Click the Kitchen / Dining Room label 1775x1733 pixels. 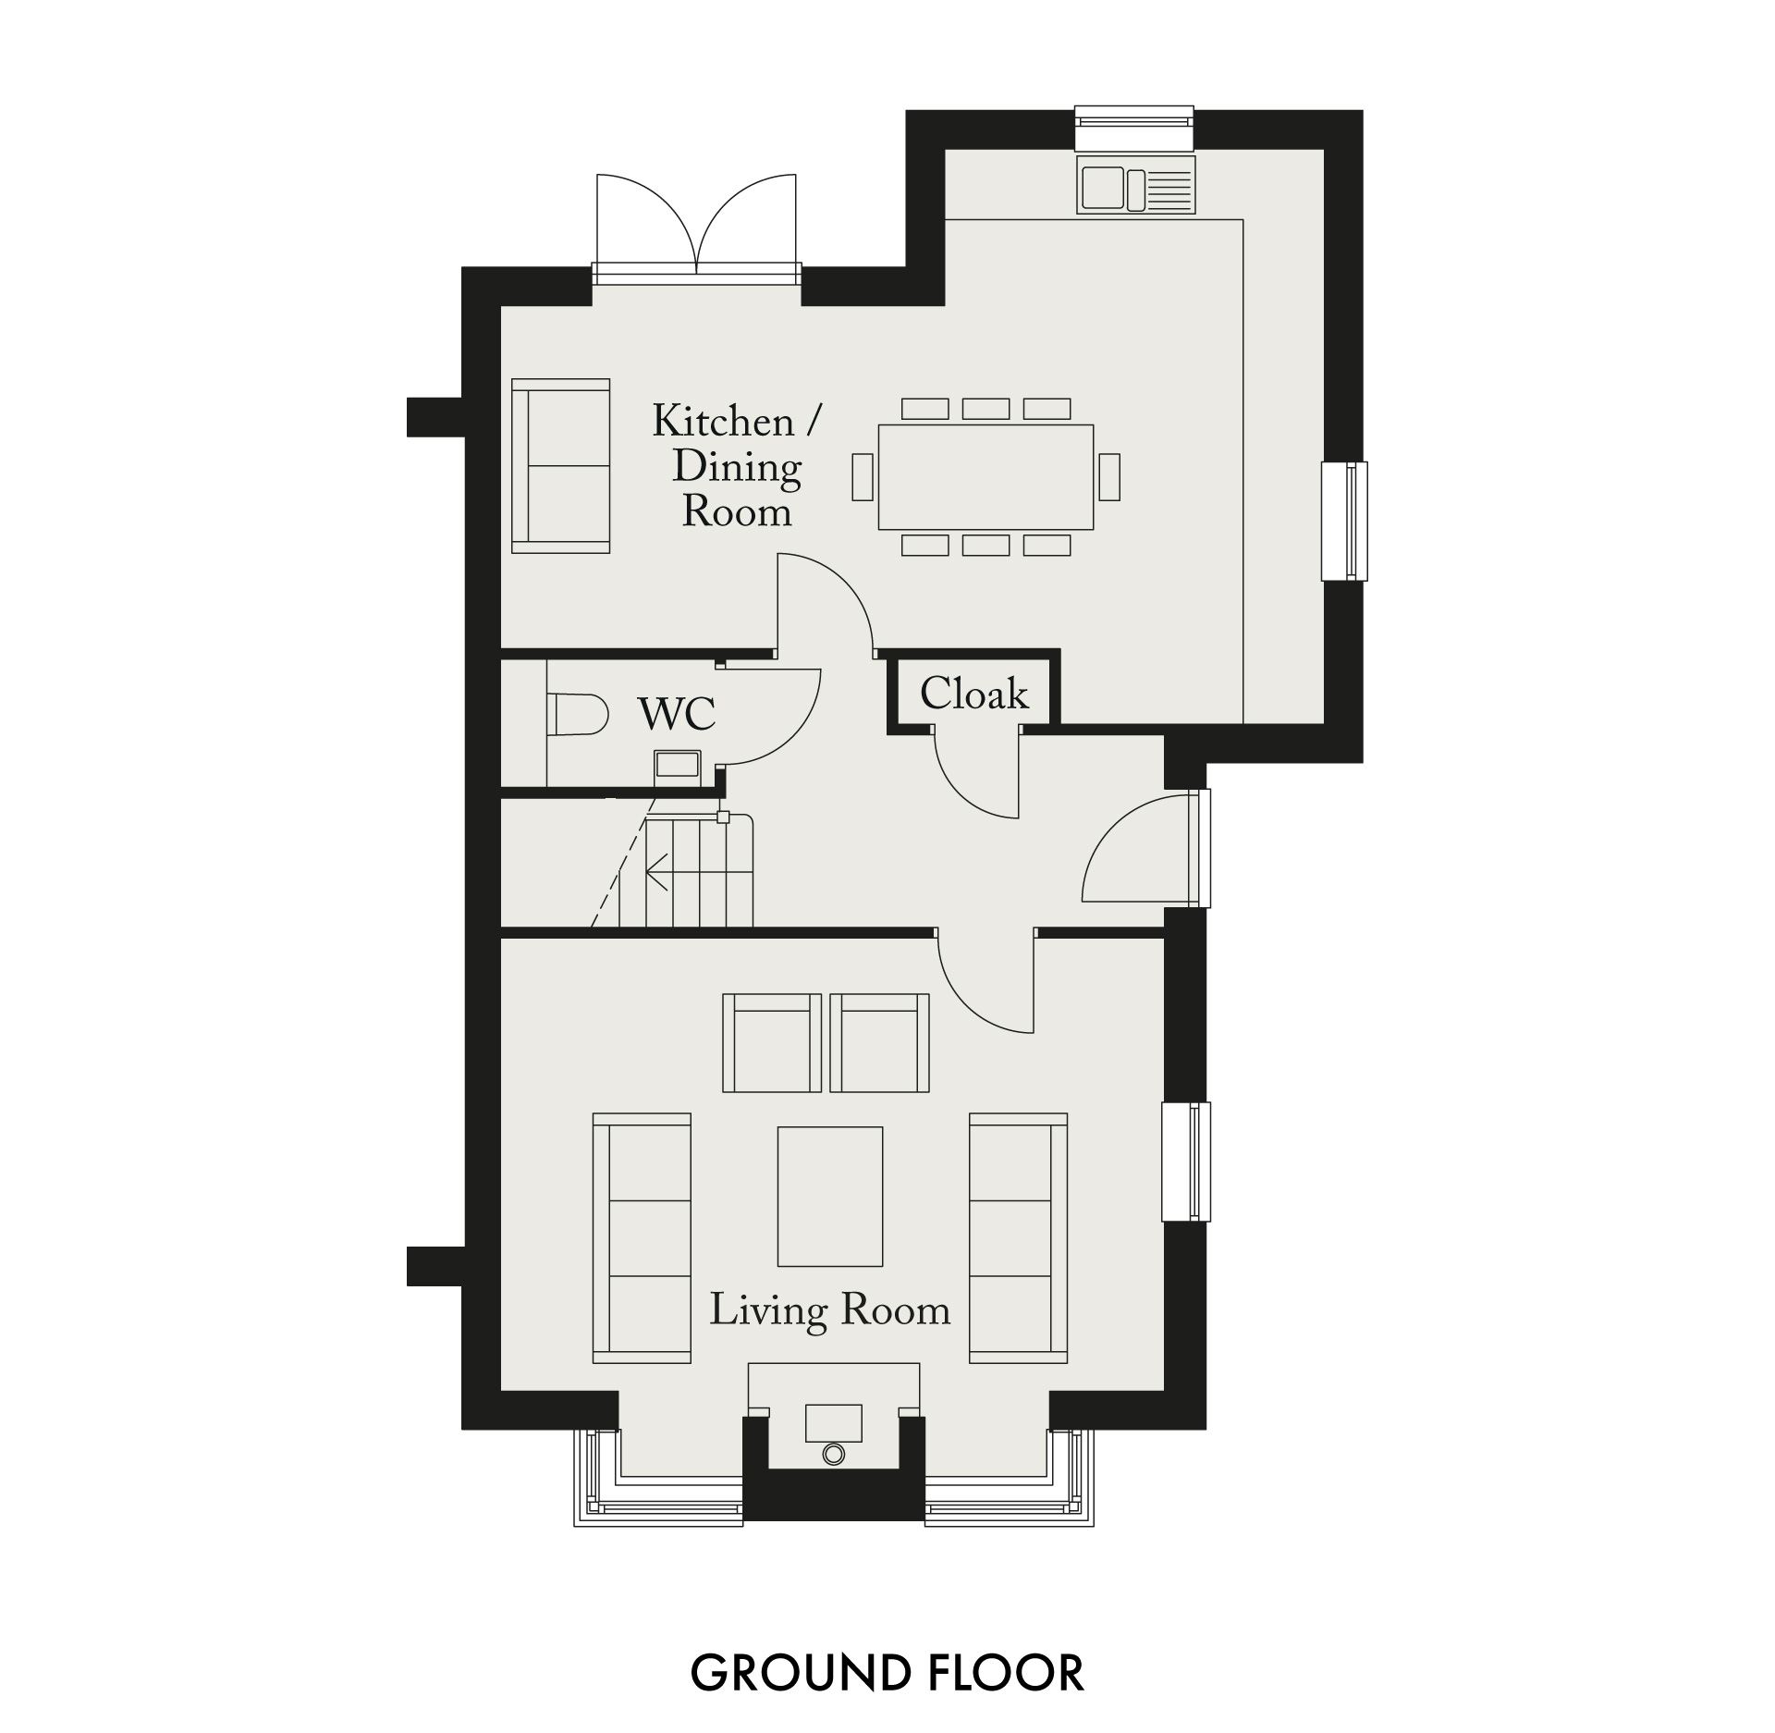737,465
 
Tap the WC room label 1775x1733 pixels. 677,714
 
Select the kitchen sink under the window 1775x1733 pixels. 1136,185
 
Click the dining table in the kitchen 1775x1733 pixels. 985,477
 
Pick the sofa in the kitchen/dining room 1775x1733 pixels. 561,466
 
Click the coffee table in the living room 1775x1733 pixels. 830,1196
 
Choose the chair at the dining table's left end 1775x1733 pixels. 863,477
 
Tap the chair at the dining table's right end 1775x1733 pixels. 1109,477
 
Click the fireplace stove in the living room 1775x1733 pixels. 833,1436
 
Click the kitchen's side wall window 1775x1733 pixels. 1344,522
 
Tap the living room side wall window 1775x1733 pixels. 1187,1161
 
